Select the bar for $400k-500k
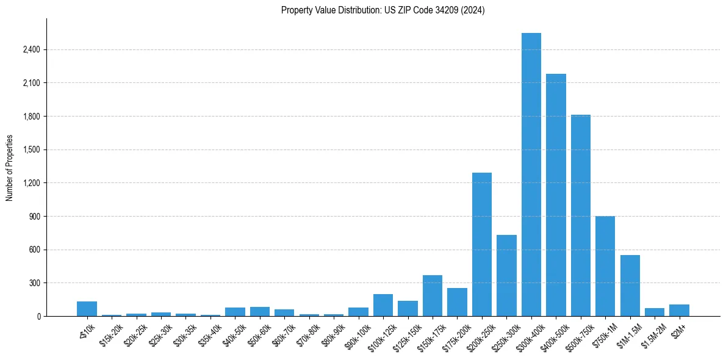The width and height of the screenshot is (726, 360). (556, 195)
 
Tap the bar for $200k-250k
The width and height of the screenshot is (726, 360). (482, 244)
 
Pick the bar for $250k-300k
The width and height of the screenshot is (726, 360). (506, 275)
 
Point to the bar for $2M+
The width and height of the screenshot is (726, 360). (679, 310)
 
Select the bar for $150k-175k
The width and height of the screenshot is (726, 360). (433, 295)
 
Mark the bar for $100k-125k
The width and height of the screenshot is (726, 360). (383, 305)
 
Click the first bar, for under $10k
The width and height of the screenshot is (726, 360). (87, 309)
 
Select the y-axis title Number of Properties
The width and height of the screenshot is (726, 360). (9, 167)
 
